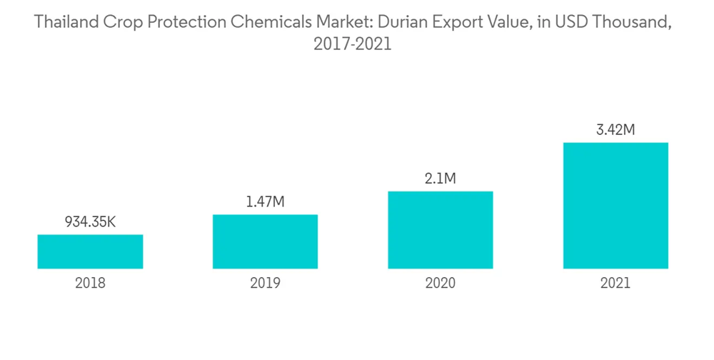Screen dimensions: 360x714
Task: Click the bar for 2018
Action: tap(90, 251)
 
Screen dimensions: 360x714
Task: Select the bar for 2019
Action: tap(265, 241)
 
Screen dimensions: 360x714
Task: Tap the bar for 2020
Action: tap(440, 230)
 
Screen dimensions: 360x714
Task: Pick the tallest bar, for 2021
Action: tap(615, 206)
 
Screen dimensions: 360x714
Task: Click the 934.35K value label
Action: tap(90, 222)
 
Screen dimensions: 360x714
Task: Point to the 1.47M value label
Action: tap(265, 202)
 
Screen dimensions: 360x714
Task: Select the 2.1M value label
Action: tap(440, 179)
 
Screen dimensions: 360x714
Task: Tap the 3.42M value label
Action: tap(615, 130)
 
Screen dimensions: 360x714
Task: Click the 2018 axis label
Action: tap(90, 284)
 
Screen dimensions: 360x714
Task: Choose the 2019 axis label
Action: tap(265, 284)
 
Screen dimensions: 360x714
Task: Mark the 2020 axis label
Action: tap(440, 284)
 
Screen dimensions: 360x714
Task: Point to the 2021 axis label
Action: tap(615, 284)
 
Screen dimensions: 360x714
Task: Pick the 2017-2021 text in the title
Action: tap(353, 45)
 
